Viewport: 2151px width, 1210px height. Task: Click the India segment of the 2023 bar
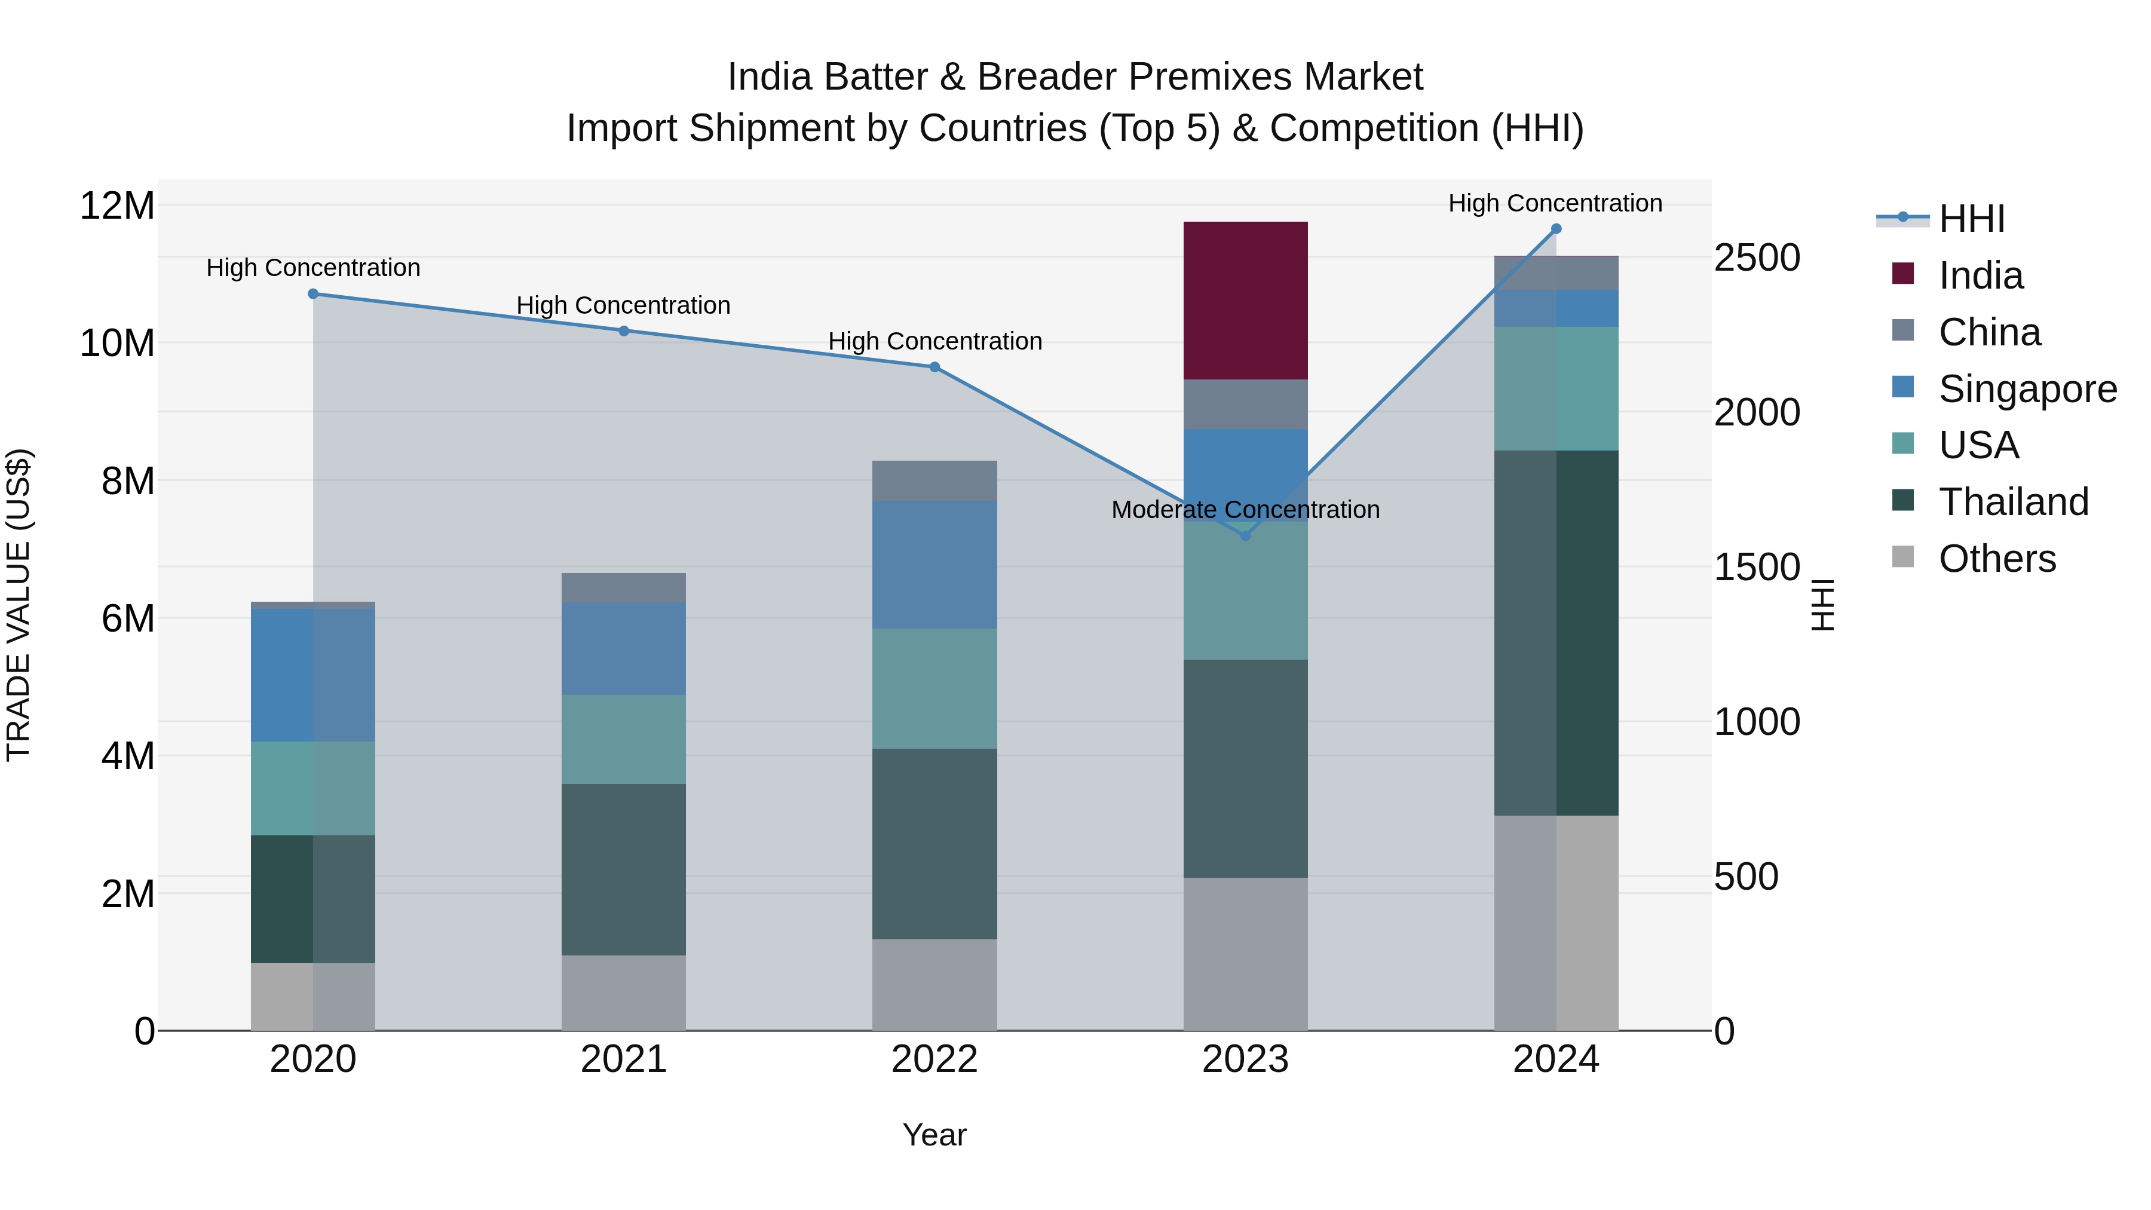click(1245, 301)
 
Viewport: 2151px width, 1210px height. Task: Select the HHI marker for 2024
click(1556, 229)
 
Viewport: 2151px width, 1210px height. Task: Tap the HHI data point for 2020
click(313, 294)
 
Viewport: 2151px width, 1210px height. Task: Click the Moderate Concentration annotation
click(1245, 509)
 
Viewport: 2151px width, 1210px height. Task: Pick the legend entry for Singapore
click(2027, 389)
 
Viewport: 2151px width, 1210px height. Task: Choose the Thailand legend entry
click(2013, 502)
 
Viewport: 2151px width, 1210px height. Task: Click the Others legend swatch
click(1903, 557)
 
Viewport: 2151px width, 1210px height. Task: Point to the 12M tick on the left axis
click(117, 206)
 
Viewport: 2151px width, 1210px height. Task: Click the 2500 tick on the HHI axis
click(1757, 258)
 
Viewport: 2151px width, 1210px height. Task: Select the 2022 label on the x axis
click(934, 1059)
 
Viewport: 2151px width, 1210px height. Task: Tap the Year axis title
click(934, 1135)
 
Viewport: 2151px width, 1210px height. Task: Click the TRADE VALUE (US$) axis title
click(19, 605)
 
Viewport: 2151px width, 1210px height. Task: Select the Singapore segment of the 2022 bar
click(934, 565)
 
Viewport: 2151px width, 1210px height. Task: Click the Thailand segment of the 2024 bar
click(1556, 632)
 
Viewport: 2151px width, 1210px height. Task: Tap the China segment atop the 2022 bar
click(934, 481)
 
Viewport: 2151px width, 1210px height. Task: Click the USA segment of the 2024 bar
click(1556, 388)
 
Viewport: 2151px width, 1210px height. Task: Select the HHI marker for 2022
click(934, 367)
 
